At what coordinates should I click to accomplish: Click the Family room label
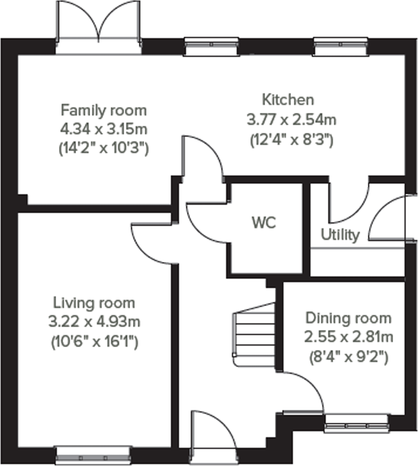104,110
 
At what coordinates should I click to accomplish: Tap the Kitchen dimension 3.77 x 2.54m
291,120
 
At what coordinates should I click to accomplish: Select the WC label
264,222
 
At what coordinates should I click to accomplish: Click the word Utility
340,235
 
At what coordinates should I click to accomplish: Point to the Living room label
94,303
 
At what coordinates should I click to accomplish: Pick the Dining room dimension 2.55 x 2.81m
348,337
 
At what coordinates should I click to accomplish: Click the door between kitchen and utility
349,203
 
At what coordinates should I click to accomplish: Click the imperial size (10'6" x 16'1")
95,342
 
